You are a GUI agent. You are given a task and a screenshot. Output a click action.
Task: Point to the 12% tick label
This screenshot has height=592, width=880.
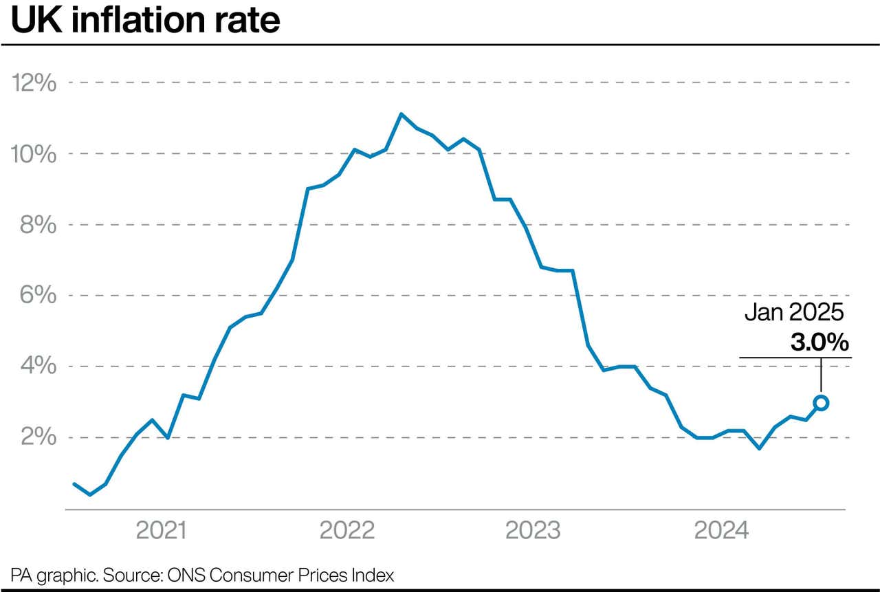[x=34, y=83]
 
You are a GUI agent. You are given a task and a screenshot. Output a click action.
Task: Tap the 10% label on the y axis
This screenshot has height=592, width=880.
[x=34, y=154]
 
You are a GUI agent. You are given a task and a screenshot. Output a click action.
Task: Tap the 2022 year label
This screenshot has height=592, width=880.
[x=348, y=531]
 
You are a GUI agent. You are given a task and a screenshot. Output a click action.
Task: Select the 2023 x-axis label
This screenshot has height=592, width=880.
[x=533, y=531]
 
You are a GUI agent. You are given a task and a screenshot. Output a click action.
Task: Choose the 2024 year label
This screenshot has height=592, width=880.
[x=722, y=531]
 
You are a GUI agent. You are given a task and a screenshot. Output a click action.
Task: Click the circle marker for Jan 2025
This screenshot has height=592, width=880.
[x=821, y=403]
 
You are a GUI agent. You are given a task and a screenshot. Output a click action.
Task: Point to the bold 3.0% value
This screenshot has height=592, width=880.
[x=819, y=342]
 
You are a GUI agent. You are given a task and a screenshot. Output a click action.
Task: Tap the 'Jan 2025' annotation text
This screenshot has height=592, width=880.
[x=794, y=313]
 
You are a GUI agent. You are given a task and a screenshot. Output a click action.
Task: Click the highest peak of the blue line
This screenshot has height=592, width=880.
[x=401, y=114]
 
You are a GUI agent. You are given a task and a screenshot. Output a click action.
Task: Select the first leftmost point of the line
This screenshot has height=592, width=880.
[x=74, y=484]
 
